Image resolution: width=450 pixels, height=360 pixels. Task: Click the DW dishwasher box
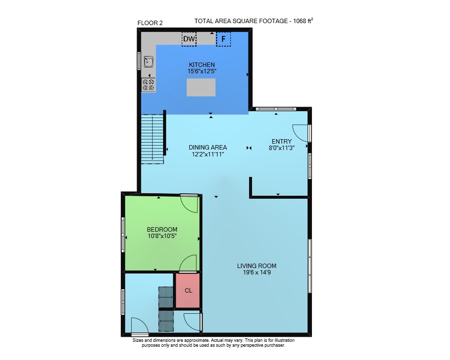click(x=189, y=39)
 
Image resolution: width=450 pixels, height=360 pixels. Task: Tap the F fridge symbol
click(x=223, y=39)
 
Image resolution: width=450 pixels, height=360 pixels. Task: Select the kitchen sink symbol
click(x=148, y=61)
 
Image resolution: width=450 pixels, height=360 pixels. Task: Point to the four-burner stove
click(x=148, y=85)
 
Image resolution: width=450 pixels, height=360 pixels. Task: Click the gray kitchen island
click(x=201, y=88)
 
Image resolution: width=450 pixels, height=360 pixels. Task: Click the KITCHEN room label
click(x=202, y=64)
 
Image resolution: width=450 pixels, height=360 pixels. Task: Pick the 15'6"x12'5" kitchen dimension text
click(x=202, y=71)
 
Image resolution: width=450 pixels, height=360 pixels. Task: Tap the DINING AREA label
click(x=208, y=148)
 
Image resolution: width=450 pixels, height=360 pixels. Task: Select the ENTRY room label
click(x=281, y=141)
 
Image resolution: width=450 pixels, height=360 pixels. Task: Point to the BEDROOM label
click(x=162, y=229)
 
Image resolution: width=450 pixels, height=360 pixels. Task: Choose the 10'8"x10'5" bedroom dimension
click(x=162, y=236)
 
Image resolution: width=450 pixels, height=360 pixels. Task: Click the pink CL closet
click(x=188, y=291)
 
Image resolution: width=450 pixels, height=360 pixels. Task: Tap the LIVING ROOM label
click(x=256, y=266)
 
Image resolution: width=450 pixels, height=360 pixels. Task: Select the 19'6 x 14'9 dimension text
click(x=256, y=272)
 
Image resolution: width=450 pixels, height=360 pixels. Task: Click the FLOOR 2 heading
click(x=150, y=23)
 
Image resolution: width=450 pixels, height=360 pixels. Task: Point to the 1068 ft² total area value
click(x=303, y=21)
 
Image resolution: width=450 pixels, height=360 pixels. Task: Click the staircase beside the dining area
click(x=152, y=139)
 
